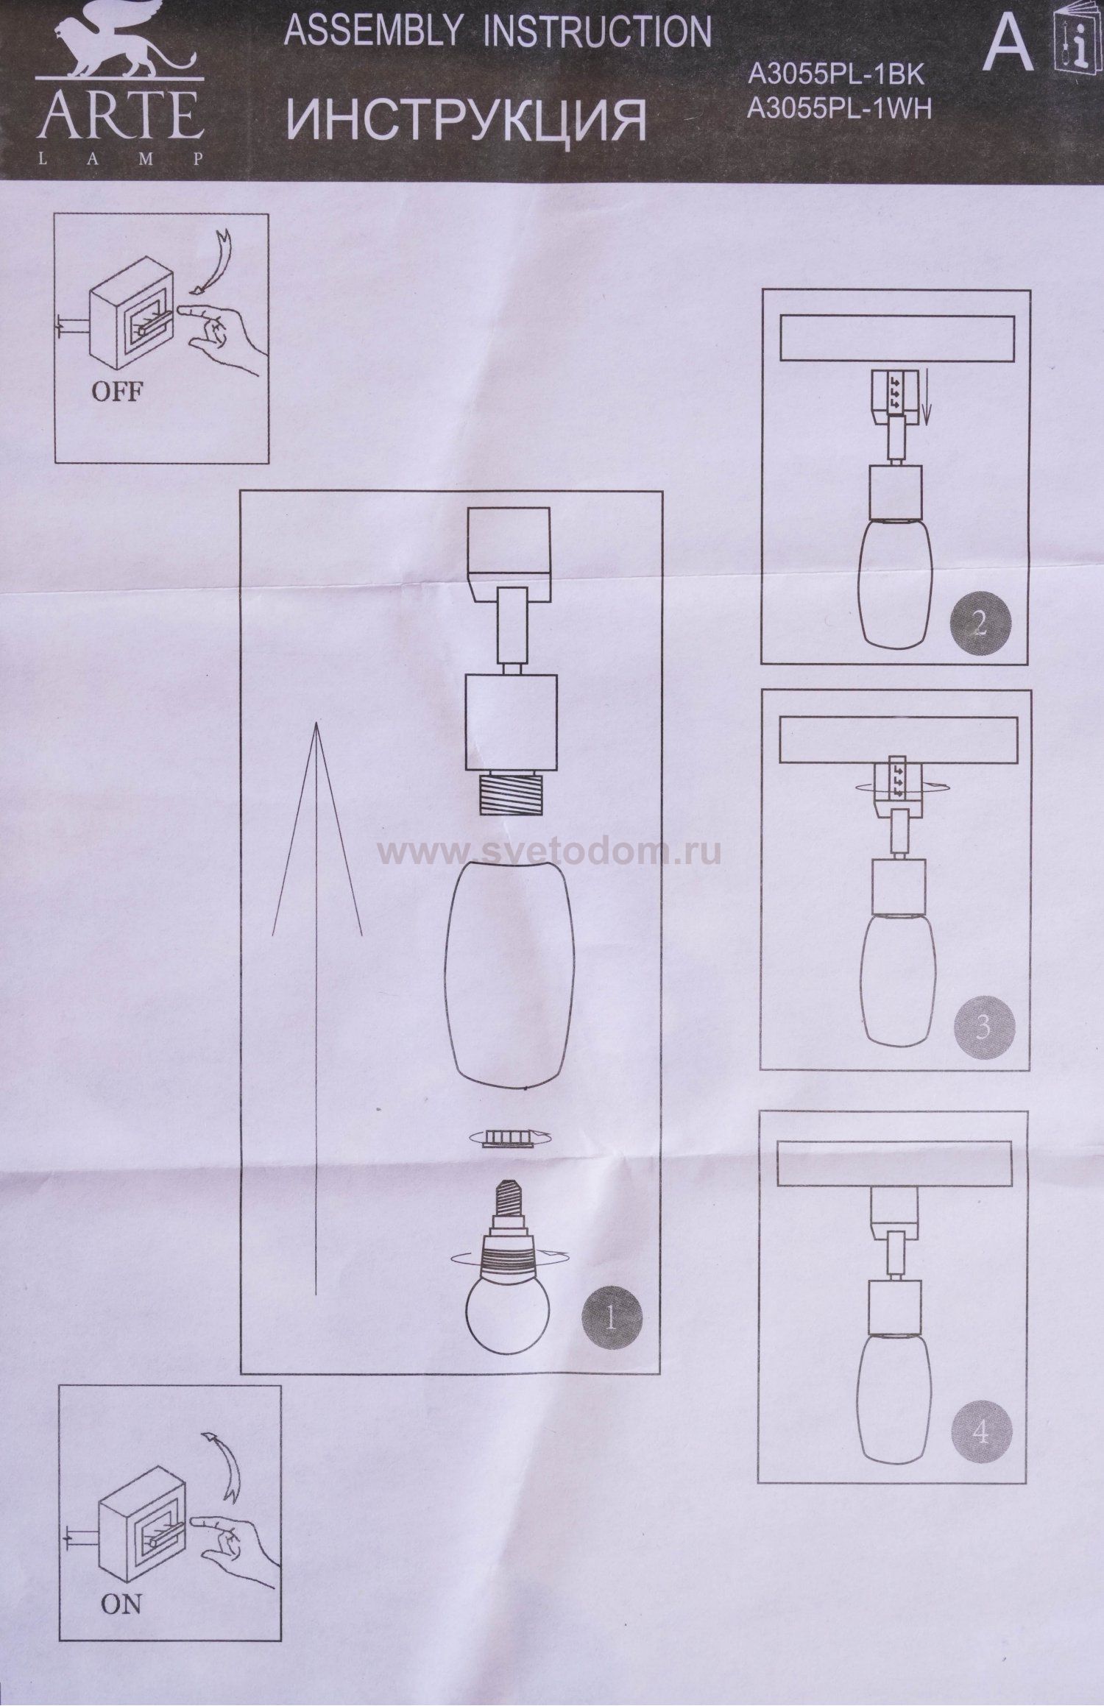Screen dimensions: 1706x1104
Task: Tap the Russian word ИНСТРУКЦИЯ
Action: click(465, 120)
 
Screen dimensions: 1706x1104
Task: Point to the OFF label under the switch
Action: click(116, 392)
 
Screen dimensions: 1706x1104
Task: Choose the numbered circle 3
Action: click(983, 1027)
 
